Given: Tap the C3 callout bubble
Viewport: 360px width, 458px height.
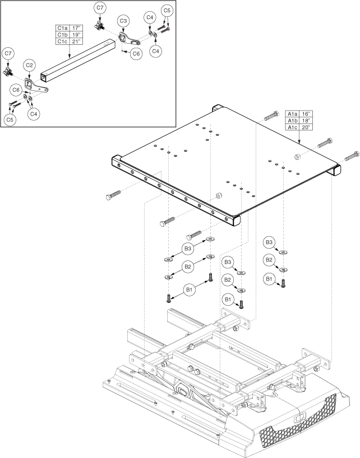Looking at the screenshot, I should (123, 21).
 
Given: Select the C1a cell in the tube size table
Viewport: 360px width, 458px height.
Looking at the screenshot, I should (62, 27).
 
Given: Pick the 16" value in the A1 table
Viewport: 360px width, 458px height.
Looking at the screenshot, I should (307, 113).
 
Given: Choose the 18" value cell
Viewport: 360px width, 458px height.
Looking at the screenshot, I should (307, 120).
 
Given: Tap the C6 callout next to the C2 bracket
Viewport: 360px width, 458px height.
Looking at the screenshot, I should (17, 89).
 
